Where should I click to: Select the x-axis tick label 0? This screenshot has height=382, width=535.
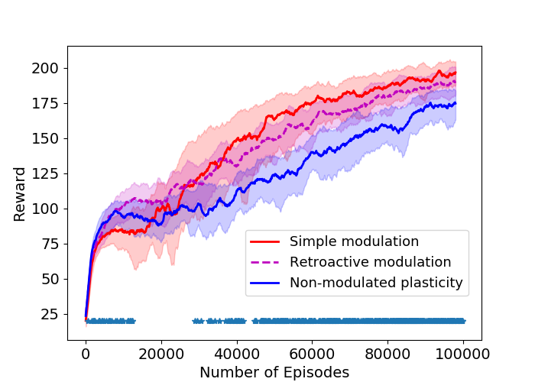[x=86, y=353]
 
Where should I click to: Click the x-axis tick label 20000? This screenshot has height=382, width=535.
[x=161, y=353]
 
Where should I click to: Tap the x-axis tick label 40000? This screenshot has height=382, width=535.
[x=237, y=353]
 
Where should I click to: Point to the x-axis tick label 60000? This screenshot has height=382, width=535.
[x=312, y=353]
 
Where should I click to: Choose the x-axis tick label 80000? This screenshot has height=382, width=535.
[x=387, y=353]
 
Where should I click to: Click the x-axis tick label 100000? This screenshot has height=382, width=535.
[x=463, y=353]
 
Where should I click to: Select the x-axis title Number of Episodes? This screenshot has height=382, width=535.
[x=274, y=372]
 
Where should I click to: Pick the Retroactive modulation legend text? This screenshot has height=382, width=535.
[x=370, y=262]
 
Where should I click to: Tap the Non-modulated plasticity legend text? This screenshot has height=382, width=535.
[x=376, y=283]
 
